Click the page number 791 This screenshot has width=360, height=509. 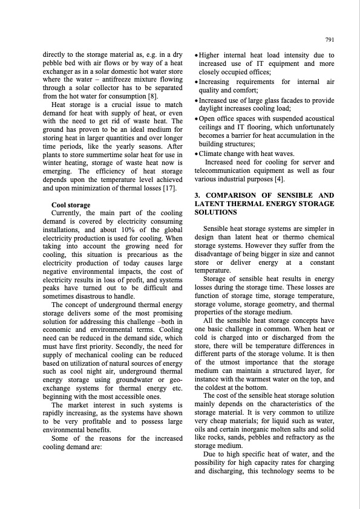click(x=330, y=40)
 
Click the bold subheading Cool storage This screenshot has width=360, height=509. click(x=71, y=205)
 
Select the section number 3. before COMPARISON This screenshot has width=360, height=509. click(x=197, y=196)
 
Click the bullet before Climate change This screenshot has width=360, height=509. click(x=197, y=154)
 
